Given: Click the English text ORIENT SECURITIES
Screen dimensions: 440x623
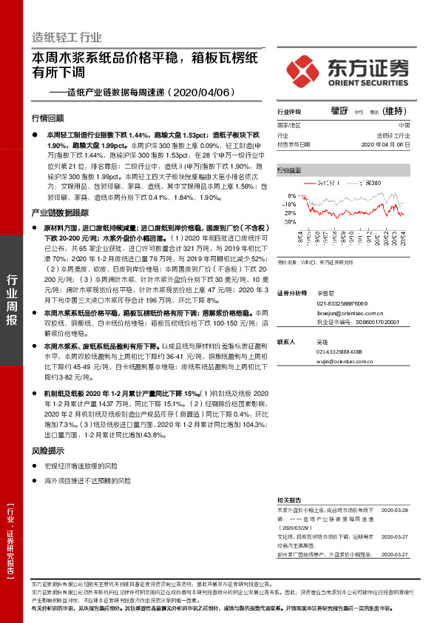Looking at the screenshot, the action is click(368, 81).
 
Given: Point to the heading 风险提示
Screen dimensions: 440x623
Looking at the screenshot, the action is click(47, 451).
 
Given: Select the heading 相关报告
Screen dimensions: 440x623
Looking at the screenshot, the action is click(289, 500).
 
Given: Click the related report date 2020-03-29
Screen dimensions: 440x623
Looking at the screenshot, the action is click(393, 511).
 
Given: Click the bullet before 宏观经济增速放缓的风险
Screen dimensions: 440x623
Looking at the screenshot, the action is click(35, 466).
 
